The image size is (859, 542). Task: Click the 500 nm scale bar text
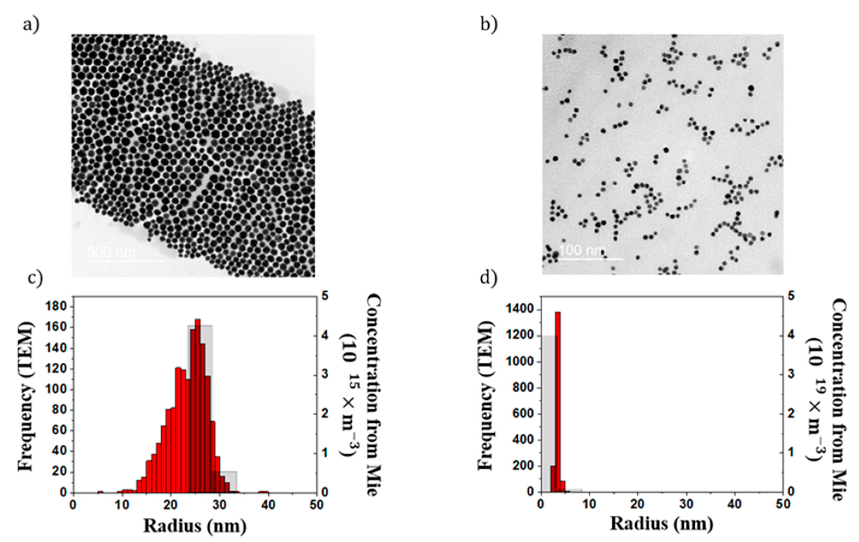click(x=111, y=252)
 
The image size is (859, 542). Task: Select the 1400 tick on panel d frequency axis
click(x=519, y=309)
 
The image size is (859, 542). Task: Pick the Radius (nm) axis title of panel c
click(x=195, y=526)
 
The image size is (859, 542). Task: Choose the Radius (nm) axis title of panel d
click(x=662, y=523)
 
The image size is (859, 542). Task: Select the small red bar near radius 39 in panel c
click(x=264, y=492)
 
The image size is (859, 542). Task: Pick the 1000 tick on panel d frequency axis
click(x=519, y=362)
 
